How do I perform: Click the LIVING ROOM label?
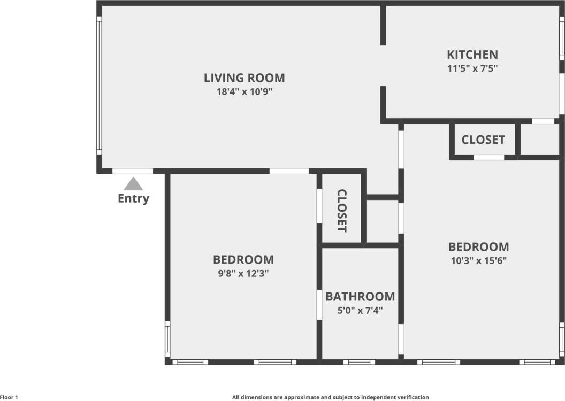pos(244,78)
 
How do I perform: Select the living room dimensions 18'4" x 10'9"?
pos(244,91)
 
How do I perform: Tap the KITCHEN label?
pos(472,55)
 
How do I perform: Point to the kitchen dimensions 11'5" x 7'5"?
pos(472,68)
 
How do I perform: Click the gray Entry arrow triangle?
pos(133,184)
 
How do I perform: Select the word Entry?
pos(133,199)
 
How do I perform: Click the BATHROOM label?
pos(360,297)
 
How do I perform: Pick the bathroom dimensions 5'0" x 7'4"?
pos(360,310)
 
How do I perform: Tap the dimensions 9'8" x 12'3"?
pos(243,274)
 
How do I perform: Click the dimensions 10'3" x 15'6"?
pos(478,261)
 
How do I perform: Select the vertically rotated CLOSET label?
pos(342,211)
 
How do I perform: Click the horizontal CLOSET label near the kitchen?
pos(483,140)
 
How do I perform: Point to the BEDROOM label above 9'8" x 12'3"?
pos(243,260)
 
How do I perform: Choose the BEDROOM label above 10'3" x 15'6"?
pos(478,247)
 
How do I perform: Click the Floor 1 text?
pos(9,397)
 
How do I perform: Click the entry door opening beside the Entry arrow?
pos(133,172)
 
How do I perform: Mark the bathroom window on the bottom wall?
pos(359,362)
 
